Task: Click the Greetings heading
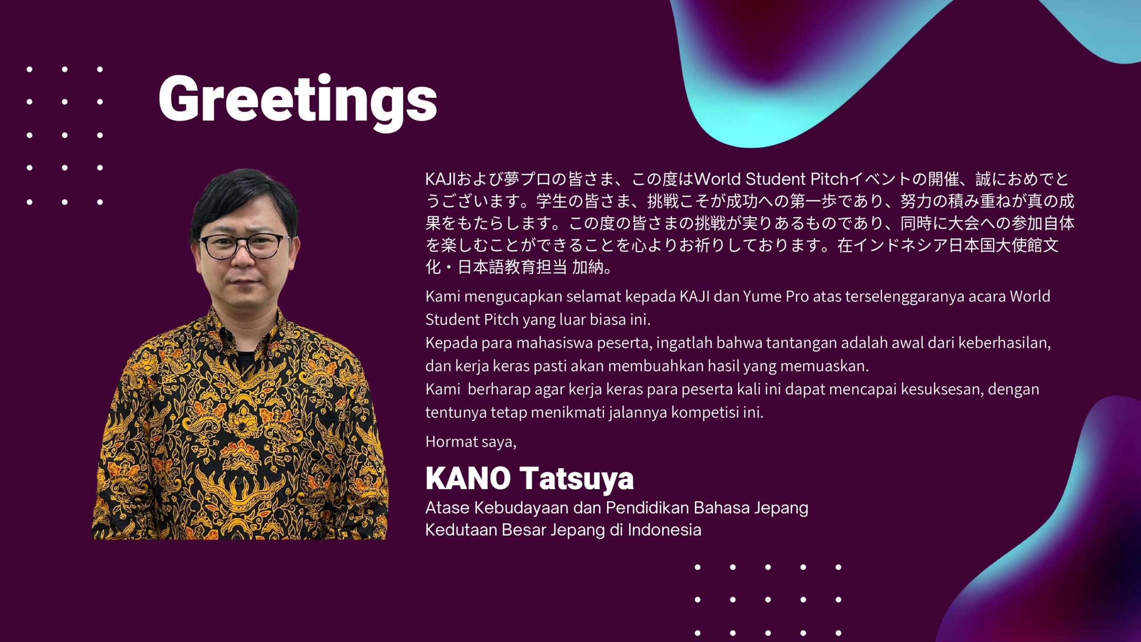(298, 99)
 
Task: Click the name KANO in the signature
(468, 479)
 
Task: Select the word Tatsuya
(577, 480)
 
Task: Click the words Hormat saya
(471, 442)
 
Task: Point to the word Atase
(447, 508)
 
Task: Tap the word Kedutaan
(461, 530)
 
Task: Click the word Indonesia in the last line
(665, 530)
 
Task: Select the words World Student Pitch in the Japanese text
(771, 179)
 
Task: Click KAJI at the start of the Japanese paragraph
(441, 179)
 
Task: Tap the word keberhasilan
(1004, 343)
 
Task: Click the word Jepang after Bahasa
(781, 508)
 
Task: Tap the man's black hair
(243, 196)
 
